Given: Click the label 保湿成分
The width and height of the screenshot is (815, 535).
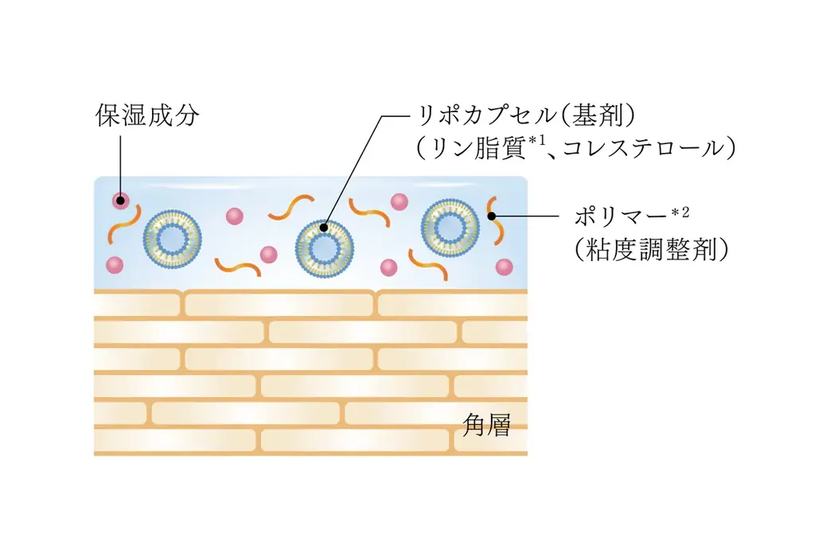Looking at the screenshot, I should pos(146,116).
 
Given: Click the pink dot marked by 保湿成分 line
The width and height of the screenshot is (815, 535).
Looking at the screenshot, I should pos(120,200).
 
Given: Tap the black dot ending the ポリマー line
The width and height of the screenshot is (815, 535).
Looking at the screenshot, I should pos(492,215).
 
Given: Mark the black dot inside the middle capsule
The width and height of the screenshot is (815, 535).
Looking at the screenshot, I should pos(324,227).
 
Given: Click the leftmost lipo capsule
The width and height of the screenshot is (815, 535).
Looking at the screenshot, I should pos(171,237).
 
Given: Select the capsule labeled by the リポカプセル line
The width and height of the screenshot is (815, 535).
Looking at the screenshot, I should pos(323,247).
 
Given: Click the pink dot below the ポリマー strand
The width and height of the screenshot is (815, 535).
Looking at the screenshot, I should pos(503,267).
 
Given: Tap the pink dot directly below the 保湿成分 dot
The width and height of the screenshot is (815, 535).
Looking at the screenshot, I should pos(115,264).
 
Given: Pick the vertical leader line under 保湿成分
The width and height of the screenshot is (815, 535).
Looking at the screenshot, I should pos(120,163).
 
